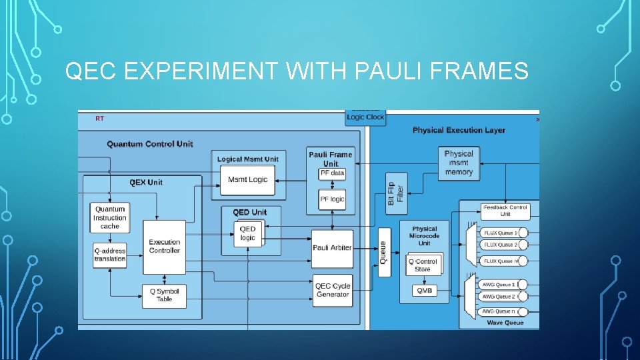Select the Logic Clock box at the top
[365, 117]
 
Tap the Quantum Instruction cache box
[110, 218]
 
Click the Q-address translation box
[110, 255]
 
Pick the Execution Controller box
[164, 247]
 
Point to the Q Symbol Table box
[164, 295]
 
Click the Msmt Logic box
[247, 179]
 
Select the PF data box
[332, 173]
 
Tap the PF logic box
[332, 199]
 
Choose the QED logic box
[248, 233]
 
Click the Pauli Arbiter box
[332, 248]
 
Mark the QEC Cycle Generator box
[332, 291]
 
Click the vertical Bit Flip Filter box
[396, 193]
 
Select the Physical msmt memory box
[459, 163]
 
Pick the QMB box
[424, 290]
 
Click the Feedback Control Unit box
[505, 211]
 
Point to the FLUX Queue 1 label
[500, 233]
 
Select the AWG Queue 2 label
[499, 297]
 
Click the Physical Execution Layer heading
[459, 130]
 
